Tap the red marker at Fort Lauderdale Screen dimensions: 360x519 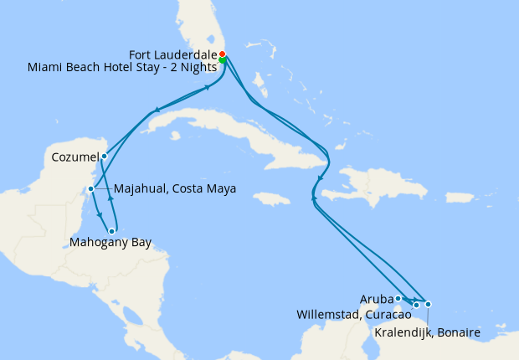(x=222, y=54)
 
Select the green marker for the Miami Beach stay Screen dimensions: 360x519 (x=223, y=59)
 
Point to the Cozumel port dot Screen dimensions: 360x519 (x=104, y=156)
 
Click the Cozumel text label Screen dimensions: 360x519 (x=74, y=157)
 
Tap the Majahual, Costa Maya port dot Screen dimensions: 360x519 (x=90, y=188)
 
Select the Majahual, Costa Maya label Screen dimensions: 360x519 (x=173, y=188)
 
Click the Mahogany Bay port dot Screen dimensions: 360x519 (x=111, y=231)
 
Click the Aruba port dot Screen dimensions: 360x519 (x=398, y=298)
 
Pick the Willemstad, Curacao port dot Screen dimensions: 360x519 (x=416, y=305)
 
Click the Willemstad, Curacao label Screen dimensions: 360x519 (x=354, y=315)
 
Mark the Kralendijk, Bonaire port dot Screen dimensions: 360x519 (x=428, y=304)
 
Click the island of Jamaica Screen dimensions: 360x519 (x=271, y=199)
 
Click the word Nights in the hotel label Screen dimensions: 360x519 (x=198, y=66)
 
